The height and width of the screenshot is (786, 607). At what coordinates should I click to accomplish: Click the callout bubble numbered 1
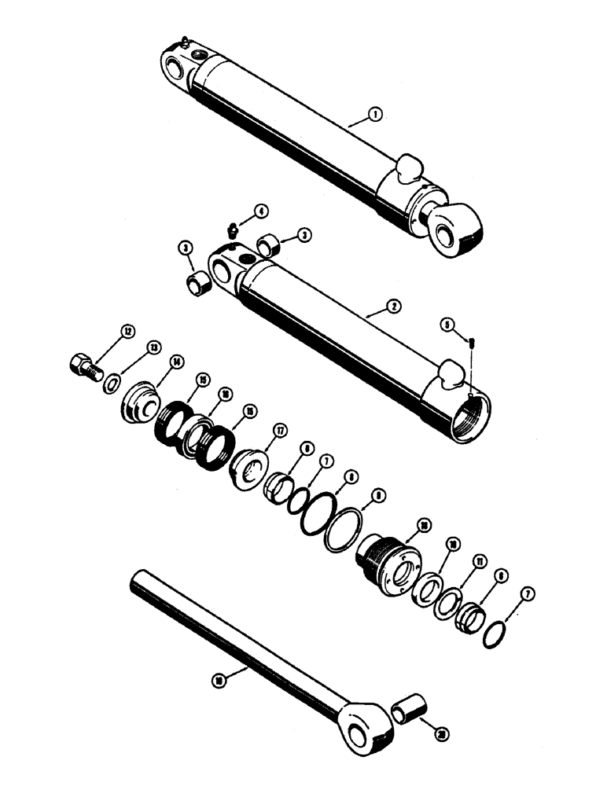[x=376, y=115]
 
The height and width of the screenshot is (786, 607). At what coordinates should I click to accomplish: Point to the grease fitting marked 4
[x=232, y=230]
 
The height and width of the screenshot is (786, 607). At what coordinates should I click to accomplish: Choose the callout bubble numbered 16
[x=226, y=395]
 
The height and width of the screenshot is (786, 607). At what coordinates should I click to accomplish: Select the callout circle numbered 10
[x=453, y=545]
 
